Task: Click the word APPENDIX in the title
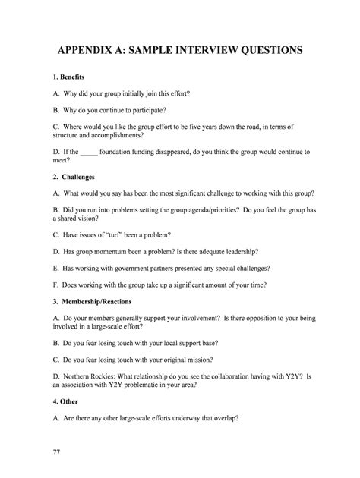click(79, 51)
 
